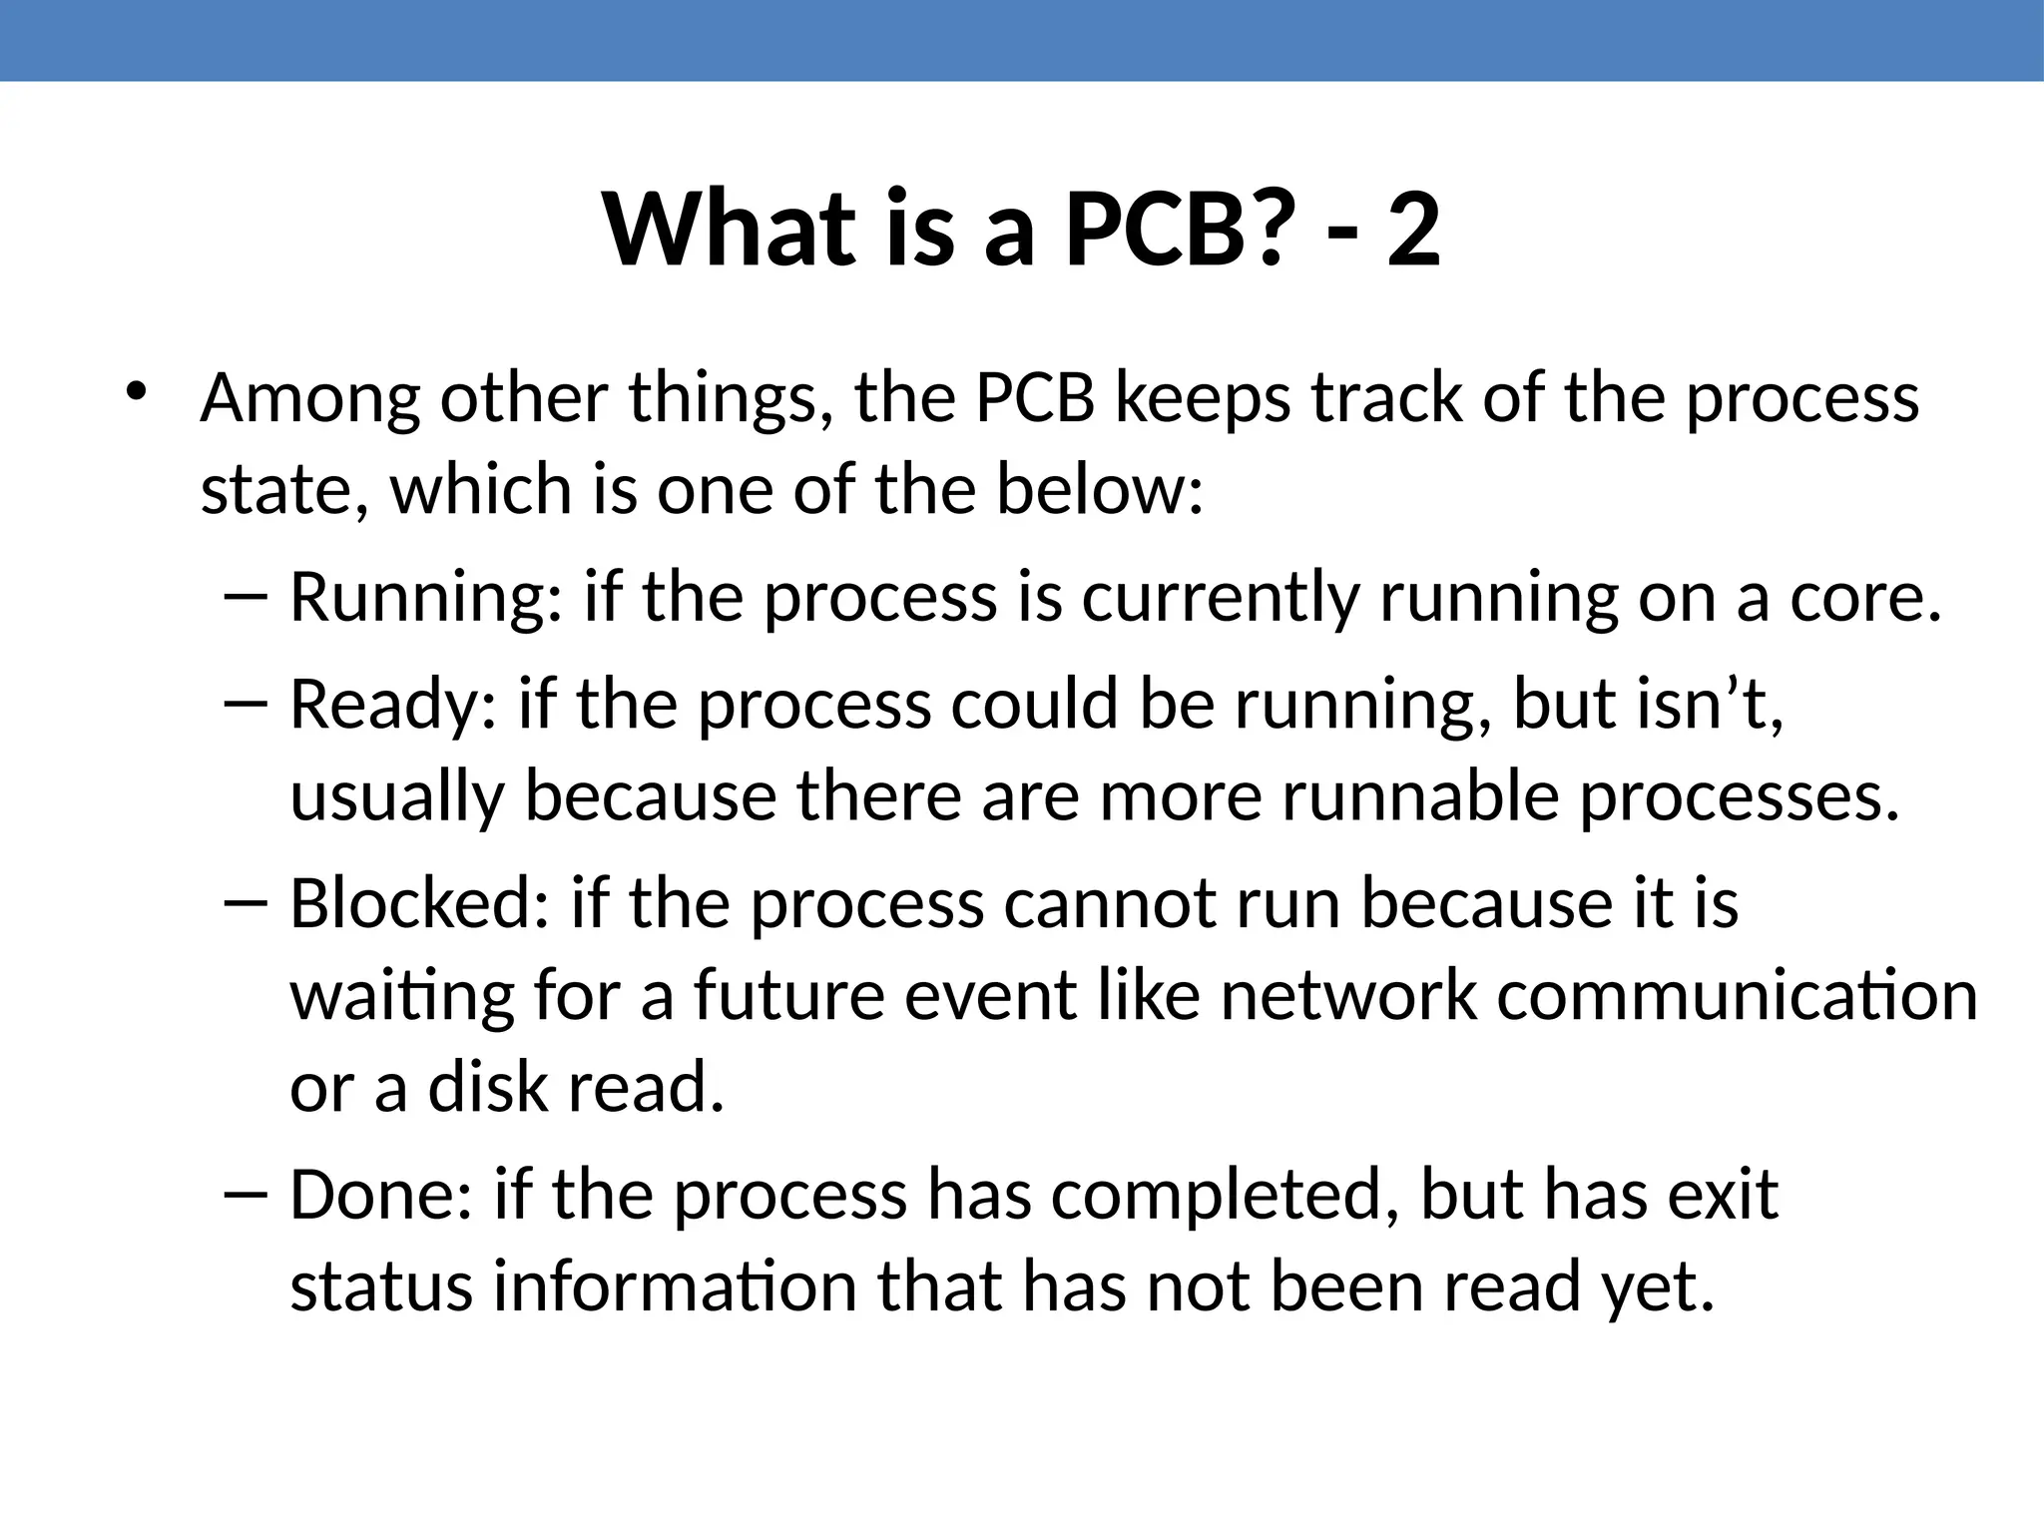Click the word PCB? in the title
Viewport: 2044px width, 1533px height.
tap(1174, 232)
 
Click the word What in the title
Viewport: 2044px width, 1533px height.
tap(730, 232)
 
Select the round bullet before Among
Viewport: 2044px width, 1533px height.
tap(136, 390)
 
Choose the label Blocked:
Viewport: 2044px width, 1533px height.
tap(419, 904)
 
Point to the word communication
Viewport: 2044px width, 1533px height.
tap(1738, 996)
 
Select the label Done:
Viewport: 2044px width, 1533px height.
tap(380, 1196)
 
